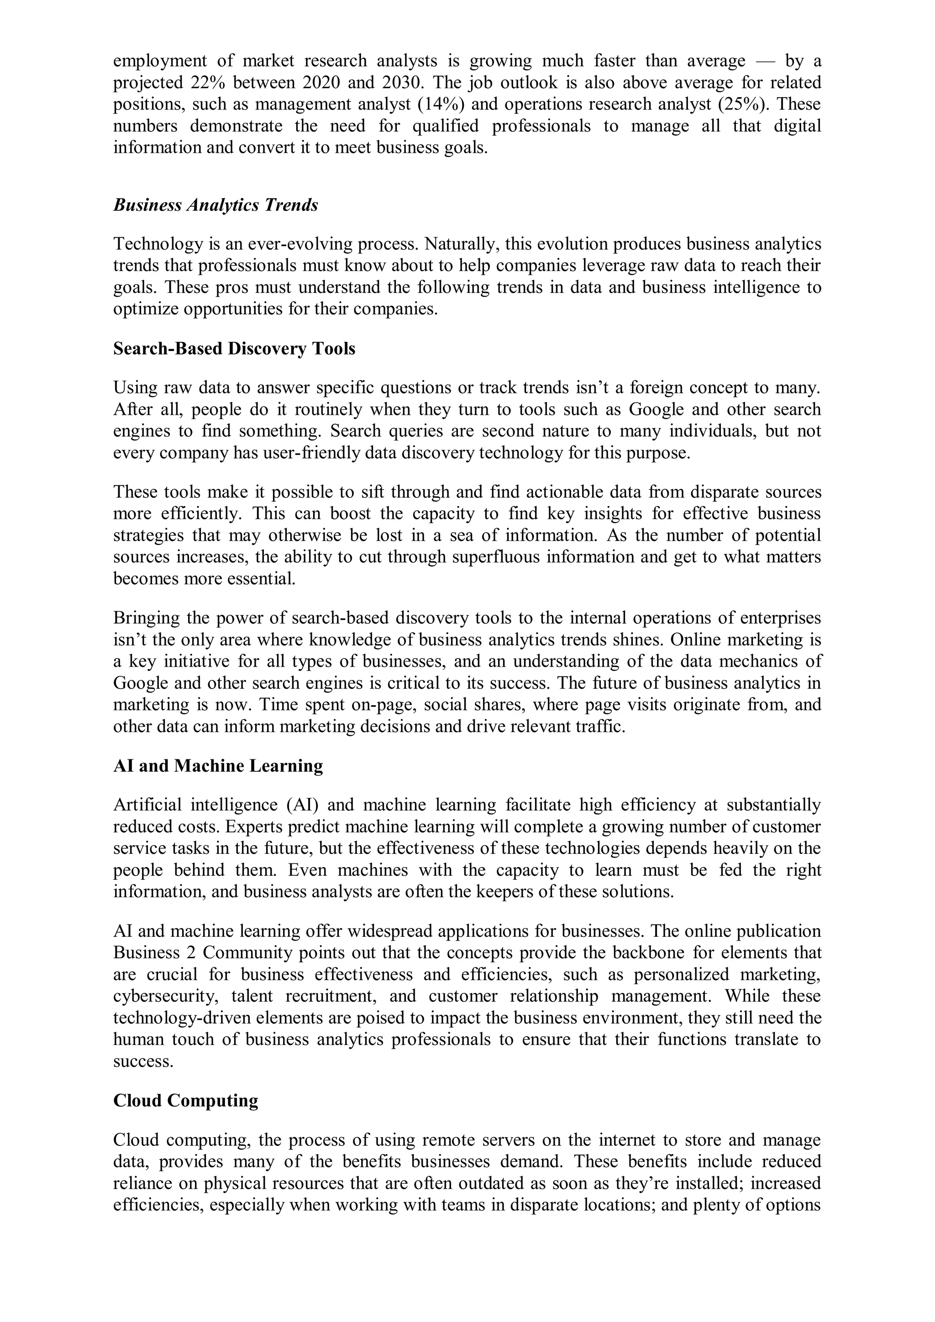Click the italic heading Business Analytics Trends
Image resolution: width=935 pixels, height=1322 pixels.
215,205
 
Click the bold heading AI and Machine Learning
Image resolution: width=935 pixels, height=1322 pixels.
218,766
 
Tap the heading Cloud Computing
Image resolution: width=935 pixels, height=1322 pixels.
185,1100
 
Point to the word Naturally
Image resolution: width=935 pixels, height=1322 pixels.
460,244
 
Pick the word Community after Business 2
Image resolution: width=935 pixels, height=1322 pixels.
248,952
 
